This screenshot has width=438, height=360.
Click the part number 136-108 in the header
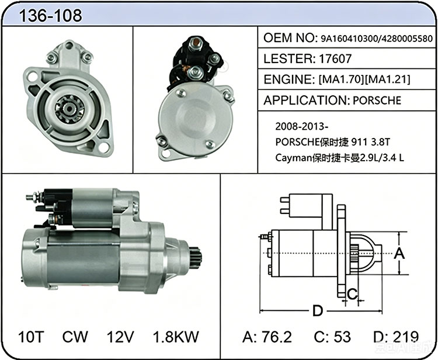coord(50,15)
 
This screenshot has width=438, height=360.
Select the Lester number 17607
coord(335,58)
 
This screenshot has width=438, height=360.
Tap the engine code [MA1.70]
coord(342,79)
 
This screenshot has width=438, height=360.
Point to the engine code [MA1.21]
coord(387,79)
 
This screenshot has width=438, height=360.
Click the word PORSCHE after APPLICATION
coord(377,101)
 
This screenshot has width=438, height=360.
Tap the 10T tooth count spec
coord(32,337)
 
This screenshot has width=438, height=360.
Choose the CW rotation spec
coord(75,337)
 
